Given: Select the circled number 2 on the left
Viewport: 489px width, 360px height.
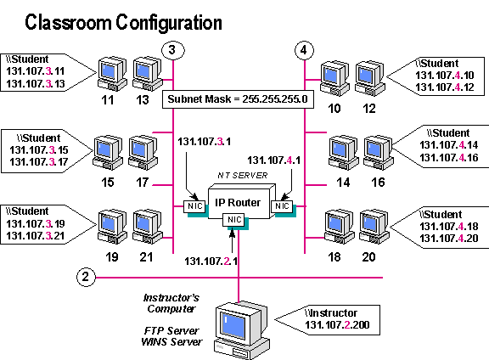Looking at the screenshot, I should (x=86, y=276).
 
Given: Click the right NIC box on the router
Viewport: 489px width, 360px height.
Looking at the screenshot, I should (x=281, y=206).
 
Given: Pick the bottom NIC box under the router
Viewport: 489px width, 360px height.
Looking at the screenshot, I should (x=235, y=220).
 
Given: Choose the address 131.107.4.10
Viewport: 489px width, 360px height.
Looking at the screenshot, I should (x=445, y=76).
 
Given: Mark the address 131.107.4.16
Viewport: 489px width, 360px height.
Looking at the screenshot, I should (x=448, y=157).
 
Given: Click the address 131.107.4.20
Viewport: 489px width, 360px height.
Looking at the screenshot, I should (x=448, y=239).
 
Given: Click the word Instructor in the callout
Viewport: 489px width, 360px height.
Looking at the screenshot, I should (x=340, y=313).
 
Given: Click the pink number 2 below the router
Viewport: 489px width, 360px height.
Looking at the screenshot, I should (x=226, y=261).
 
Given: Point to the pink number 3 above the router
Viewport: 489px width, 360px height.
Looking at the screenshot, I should (x=220, y=142).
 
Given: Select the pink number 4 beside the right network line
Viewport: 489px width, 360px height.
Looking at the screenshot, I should (x=289, y=159).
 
